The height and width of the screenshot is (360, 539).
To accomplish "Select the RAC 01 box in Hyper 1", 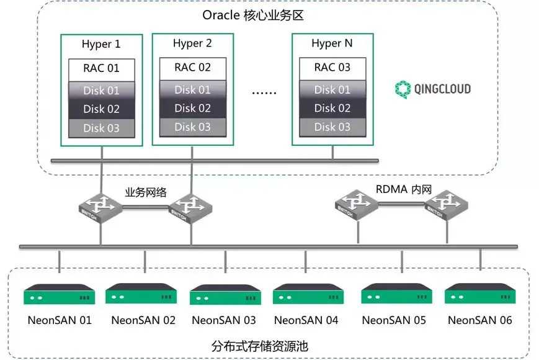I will (x=101, y=68).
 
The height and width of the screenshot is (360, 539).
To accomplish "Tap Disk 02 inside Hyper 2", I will (x=192, y=108).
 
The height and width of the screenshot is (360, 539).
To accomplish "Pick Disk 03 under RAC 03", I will (x=332, y=127).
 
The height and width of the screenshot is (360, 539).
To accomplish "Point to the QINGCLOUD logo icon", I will (x=404, y=89).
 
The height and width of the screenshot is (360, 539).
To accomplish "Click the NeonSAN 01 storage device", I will (x=60, y=294).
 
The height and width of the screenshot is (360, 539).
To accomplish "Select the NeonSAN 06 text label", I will (x=480, y=320).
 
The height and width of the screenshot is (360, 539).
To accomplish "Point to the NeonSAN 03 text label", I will (x=224, y=320).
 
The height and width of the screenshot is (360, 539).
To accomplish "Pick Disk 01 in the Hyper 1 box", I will (x=101, y=90).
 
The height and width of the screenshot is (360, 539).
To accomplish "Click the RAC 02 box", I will (x=192, y=67).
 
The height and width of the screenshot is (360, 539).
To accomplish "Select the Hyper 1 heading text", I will (x=101, y=45).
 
